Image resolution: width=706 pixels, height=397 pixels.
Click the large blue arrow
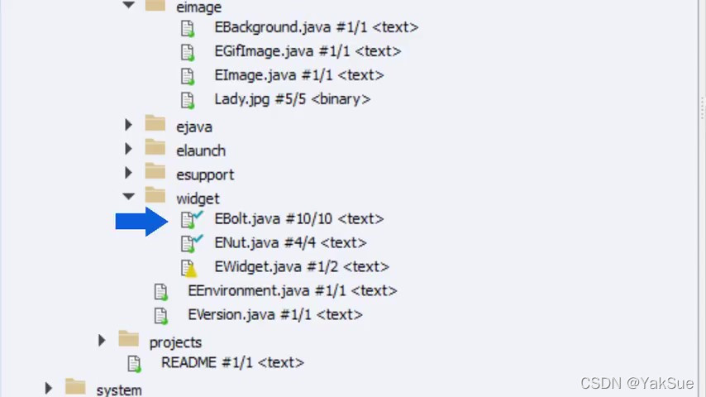tap(141, 220)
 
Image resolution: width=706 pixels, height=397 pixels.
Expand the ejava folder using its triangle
tap(128, 126)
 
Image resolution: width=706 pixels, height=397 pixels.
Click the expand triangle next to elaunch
tap(128, 150)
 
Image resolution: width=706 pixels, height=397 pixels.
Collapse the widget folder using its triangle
tap(128, 197)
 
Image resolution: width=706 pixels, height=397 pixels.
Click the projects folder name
tap(175, 342)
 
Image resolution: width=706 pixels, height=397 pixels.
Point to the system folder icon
tap(75, 387)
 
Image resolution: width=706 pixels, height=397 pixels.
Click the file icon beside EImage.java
tap(188, 76)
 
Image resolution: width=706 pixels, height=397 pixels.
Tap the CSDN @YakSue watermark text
tap(637, 383)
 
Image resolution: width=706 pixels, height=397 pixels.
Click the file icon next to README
tap(134, 363)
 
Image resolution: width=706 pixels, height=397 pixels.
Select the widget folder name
tap(198, 198)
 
